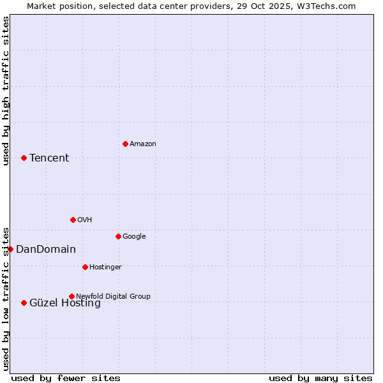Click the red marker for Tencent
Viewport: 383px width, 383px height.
pos(24,158)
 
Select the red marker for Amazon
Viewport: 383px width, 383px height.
pos(125,144)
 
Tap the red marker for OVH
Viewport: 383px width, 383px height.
pos(73,220)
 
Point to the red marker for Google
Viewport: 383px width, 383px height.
pos(118,236)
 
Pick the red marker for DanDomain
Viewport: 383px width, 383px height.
pos(11,249)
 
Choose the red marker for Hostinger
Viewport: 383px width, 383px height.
pos(85,267)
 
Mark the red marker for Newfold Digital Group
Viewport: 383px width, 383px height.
pos(71,296)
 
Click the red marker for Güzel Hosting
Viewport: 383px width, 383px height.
pos(24,303)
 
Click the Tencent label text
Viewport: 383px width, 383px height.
pos(49,158)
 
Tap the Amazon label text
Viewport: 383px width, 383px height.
pos(142,144)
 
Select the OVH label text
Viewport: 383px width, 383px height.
pos(85,220)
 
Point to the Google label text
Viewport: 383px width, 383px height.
pos(134,236)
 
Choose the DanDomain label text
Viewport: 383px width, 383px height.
pos(46,250)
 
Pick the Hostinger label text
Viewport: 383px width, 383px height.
pos(105,267)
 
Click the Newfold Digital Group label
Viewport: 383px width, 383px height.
pos(113,296)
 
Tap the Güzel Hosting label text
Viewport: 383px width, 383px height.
pos(65,303)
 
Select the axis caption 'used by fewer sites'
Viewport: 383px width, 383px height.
pos(66,378)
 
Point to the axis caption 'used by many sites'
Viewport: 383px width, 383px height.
pos(320,378)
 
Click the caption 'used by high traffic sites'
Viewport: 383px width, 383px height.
pos(6,91)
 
